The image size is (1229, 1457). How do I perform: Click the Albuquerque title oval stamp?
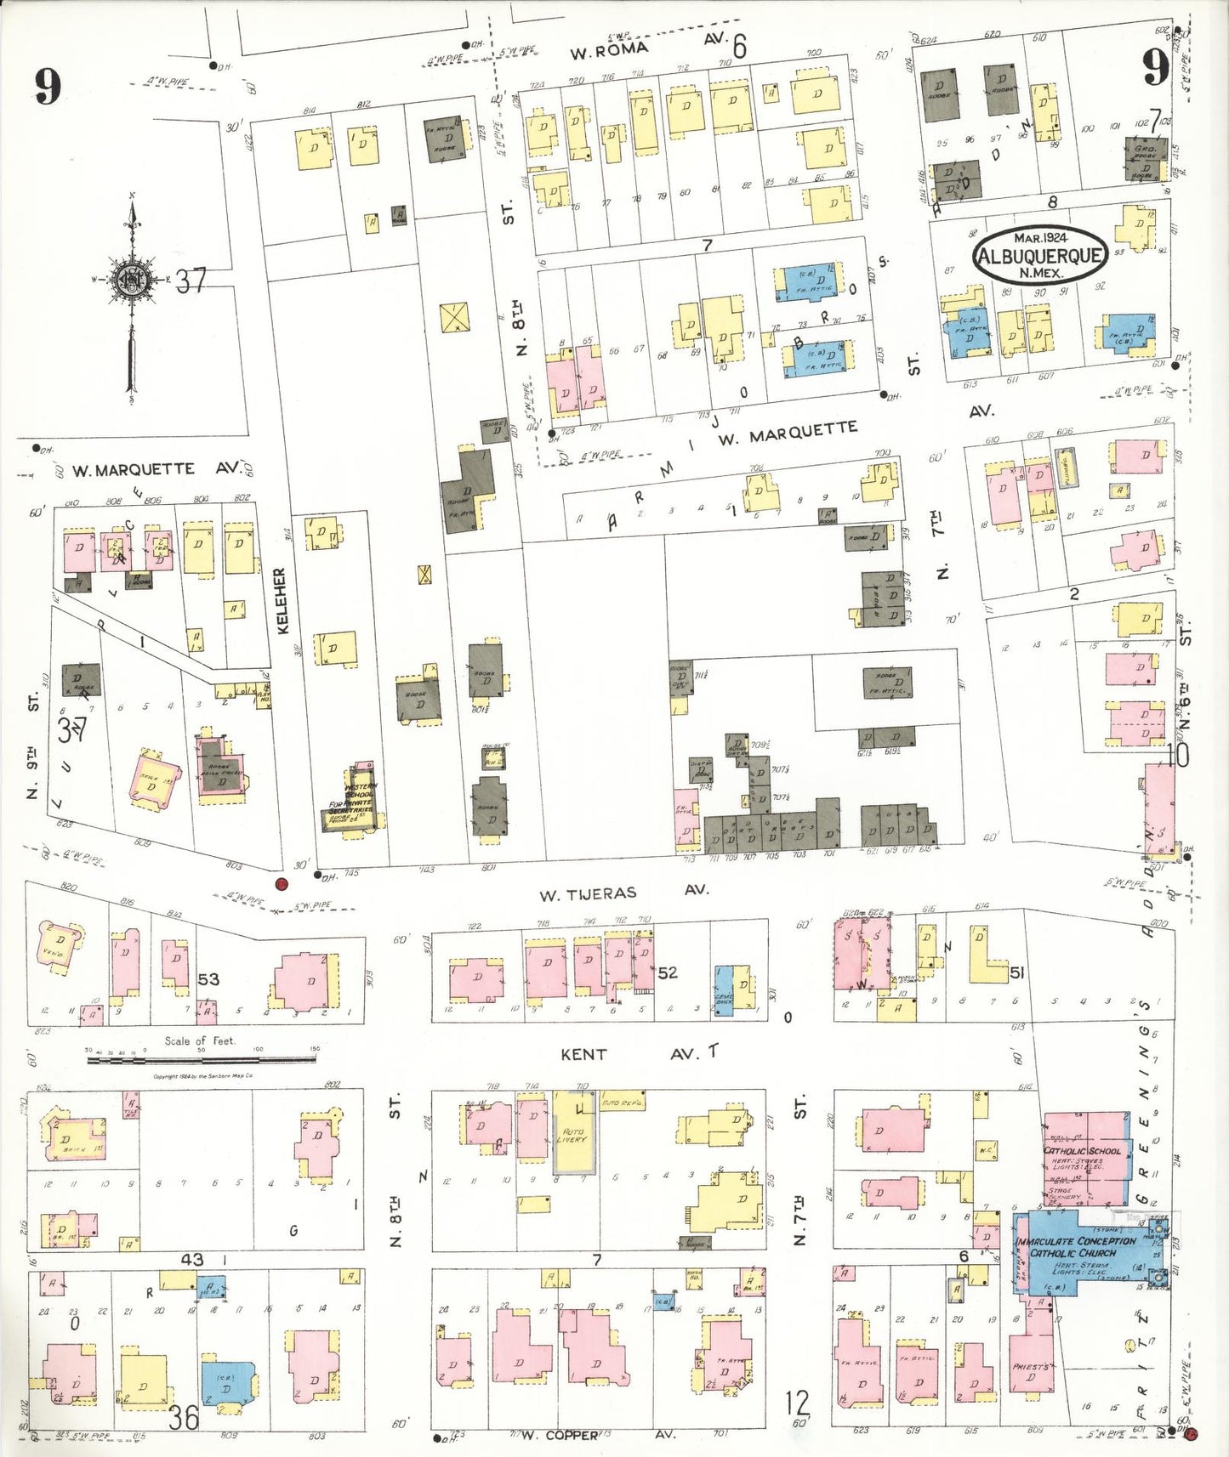(1040, 255)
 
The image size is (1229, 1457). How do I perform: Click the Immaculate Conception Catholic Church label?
(1075, 1246)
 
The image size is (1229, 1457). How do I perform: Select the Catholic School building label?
(1082, 1151)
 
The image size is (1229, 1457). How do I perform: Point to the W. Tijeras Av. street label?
(624, 892)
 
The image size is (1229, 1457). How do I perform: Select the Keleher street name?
(282, 600)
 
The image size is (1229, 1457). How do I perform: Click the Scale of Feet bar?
(202, 1058)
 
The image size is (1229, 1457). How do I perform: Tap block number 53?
(208, 979)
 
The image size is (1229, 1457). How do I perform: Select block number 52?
(668, 972)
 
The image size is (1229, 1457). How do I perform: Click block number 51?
(1016, 973)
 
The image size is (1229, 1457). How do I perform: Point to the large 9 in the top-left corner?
(48, 86)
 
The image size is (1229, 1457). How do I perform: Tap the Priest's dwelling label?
(1031, 1367)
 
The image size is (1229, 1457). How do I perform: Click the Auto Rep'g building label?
(623, 1103)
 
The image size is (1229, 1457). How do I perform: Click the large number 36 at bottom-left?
(184, 1417)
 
